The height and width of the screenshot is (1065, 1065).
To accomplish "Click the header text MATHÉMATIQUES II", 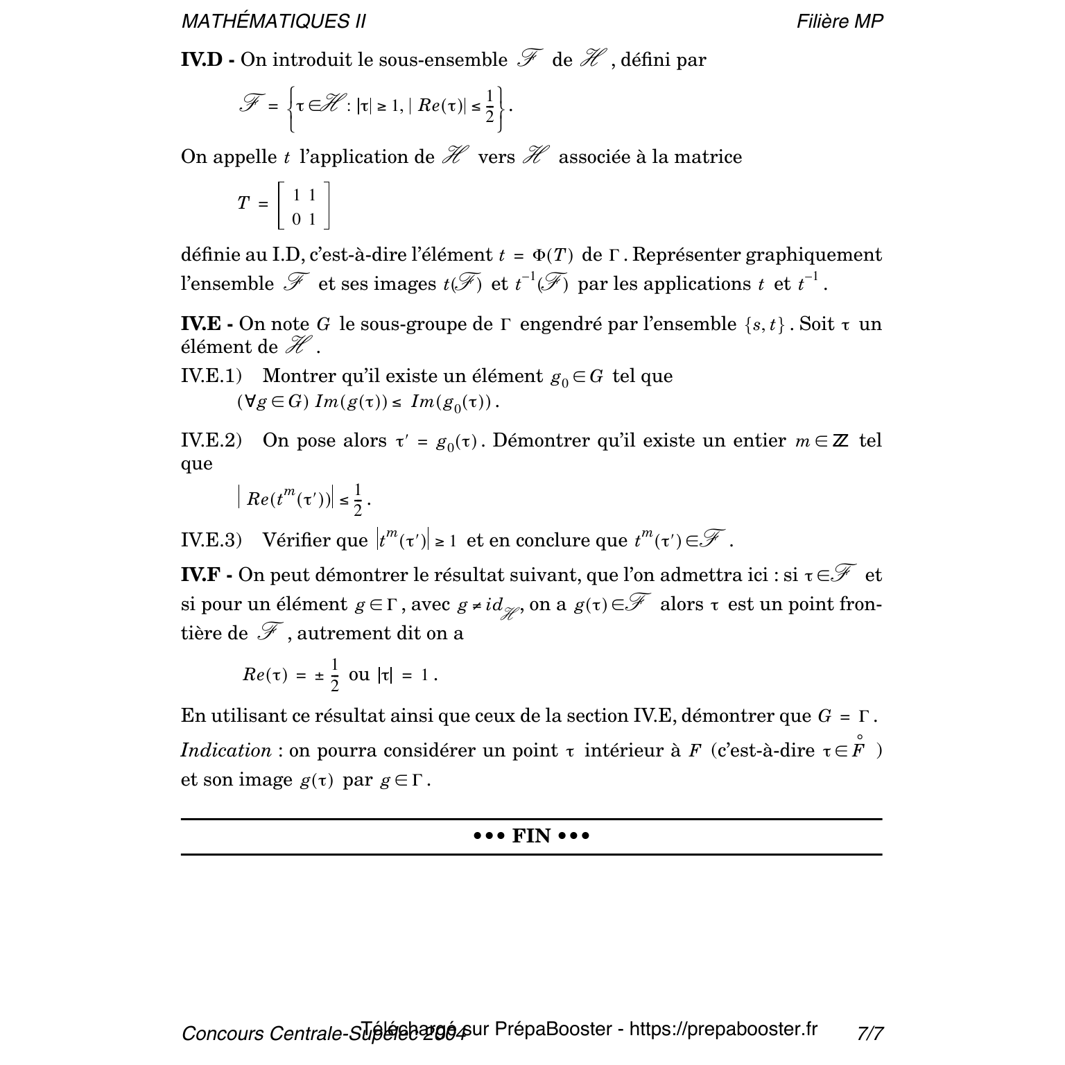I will tap(273, 21).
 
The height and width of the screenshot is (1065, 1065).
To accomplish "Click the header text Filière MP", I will tap(840, 21).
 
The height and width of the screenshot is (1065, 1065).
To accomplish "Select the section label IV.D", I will tap(201, 60).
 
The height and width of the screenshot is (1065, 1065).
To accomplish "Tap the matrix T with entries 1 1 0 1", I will tap(303, 206).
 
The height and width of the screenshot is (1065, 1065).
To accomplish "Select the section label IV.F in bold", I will tap(200, 575).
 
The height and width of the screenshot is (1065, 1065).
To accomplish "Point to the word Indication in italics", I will tap(225, 750).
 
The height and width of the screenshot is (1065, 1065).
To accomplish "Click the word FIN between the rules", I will tap(531, 836).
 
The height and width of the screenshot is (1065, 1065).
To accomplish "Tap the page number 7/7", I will tap(870, 1033).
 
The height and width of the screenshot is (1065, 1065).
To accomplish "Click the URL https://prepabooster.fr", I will tap(723, 1029).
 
